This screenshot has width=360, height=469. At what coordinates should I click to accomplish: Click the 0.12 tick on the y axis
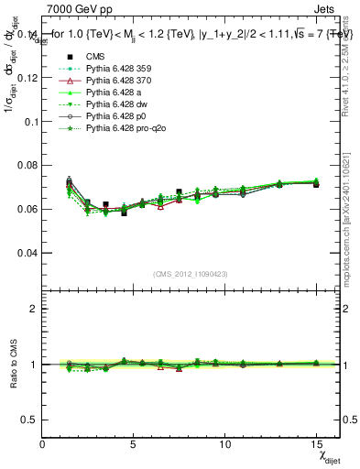click(x=27, y=78)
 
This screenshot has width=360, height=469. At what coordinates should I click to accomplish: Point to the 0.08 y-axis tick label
click(x=27, y=165)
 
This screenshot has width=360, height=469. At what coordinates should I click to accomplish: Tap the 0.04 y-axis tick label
click(x=27, y=252)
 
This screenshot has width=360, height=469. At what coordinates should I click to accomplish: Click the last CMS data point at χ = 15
click(x=316, y=184)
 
